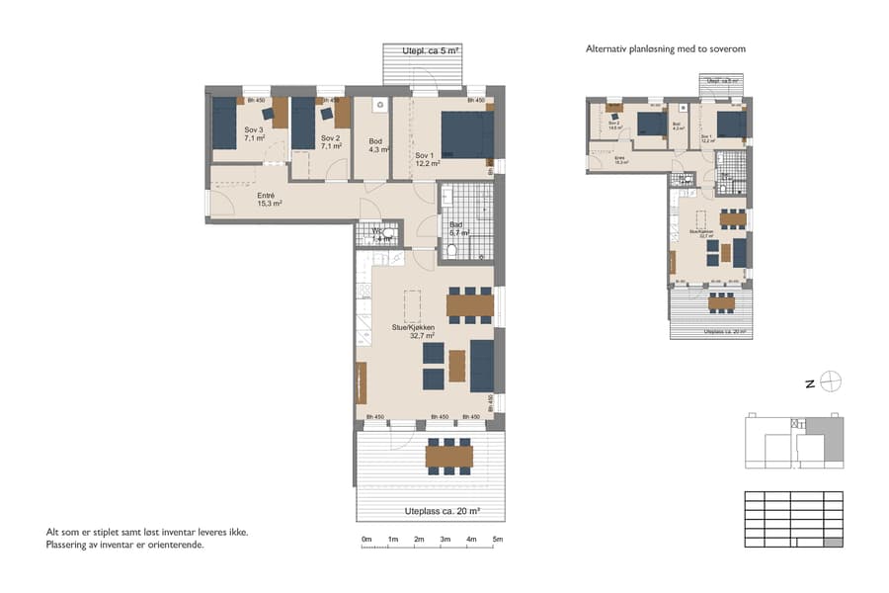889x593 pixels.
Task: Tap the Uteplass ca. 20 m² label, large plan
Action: tap(443, 511)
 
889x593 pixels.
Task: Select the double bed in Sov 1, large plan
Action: tap(465, 135)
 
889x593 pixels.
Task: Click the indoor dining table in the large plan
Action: tap(469, 305)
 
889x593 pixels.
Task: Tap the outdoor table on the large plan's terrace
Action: tap(448, 456)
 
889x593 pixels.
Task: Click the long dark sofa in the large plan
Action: tap(482, 366)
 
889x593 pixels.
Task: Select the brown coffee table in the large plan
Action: tap(456, 366)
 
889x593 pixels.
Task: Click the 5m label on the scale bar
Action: tap(498, 539)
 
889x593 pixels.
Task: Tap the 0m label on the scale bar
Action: tap(366, 539)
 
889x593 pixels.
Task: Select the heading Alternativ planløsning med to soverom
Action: tap(672, 48)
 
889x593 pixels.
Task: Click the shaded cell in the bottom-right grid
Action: tap(833, 540)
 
